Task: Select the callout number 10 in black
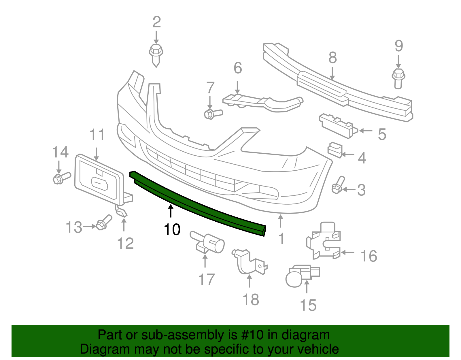point(172,230)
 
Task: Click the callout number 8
point(332,58)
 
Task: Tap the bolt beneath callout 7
point(212,114)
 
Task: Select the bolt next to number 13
point(103,223)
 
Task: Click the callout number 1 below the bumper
point(281,239)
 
